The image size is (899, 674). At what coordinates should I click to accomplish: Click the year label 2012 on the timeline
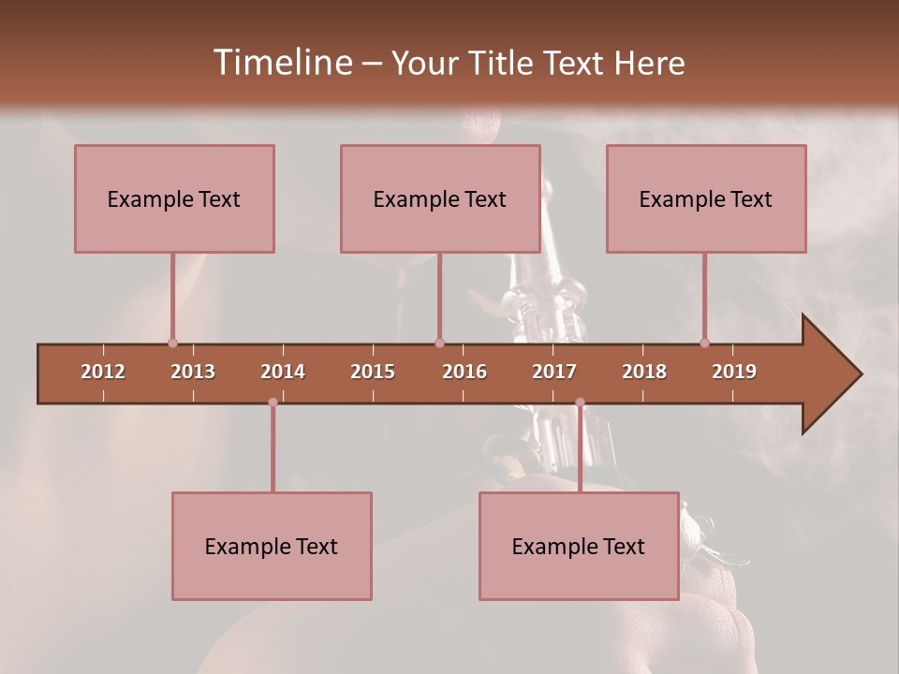tap(103, 372)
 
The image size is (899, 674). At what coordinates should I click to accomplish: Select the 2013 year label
tap(193, 372)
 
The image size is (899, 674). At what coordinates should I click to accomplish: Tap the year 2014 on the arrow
tap(283, 372)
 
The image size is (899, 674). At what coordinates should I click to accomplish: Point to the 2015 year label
tap(373, 372)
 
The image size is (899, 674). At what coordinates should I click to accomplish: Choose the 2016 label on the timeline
tap(464, 372)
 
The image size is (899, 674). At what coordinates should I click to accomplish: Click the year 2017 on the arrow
tap(554, 372)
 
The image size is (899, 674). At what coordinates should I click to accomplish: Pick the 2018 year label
tap(644, 372)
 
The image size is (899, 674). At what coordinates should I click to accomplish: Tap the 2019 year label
tap(734, 372)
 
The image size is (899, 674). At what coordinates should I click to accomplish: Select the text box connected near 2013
tap(174, 198)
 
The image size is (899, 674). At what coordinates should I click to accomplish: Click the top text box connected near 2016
tap(440, 198)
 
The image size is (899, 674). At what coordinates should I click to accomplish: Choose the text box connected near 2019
tap(706, 198)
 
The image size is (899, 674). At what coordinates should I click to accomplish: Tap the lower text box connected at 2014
tap(272, 546)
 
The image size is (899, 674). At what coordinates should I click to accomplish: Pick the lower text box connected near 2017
tap(579, 546)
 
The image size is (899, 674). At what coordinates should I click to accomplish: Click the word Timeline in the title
tap(281, 63)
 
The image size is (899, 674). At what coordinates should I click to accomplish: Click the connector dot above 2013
tap(172, 343)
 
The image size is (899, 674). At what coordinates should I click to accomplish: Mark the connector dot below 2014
tap(273, 403)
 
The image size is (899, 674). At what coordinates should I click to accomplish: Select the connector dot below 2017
tap(580, 403)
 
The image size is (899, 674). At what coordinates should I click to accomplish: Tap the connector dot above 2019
tap(705, 343)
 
